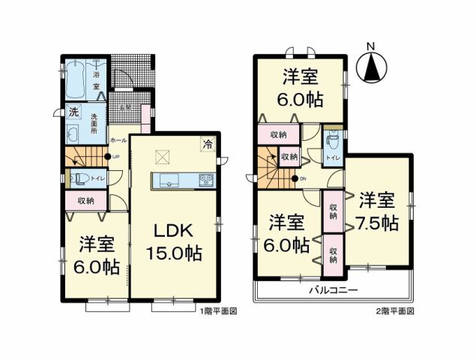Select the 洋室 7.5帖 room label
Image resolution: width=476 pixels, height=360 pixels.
[x=377, y=213]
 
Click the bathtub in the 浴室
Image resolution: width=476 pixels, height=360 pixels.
[x=77, y=81]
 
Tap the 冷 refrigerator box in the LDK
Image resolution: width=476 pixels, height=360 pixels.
[x=207, y=144]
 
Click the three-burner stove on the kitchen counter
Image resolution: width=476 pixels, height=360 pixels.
[x=205, y=180]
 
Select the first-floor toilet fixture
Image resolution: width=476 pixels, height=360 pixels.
[x=76, y=178]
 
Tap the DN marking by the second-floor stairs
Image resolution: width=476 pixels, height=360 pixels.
[x=303, y=178]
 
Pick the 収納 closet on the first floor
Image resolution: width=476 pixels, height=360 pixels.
[x=85, y=200]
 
